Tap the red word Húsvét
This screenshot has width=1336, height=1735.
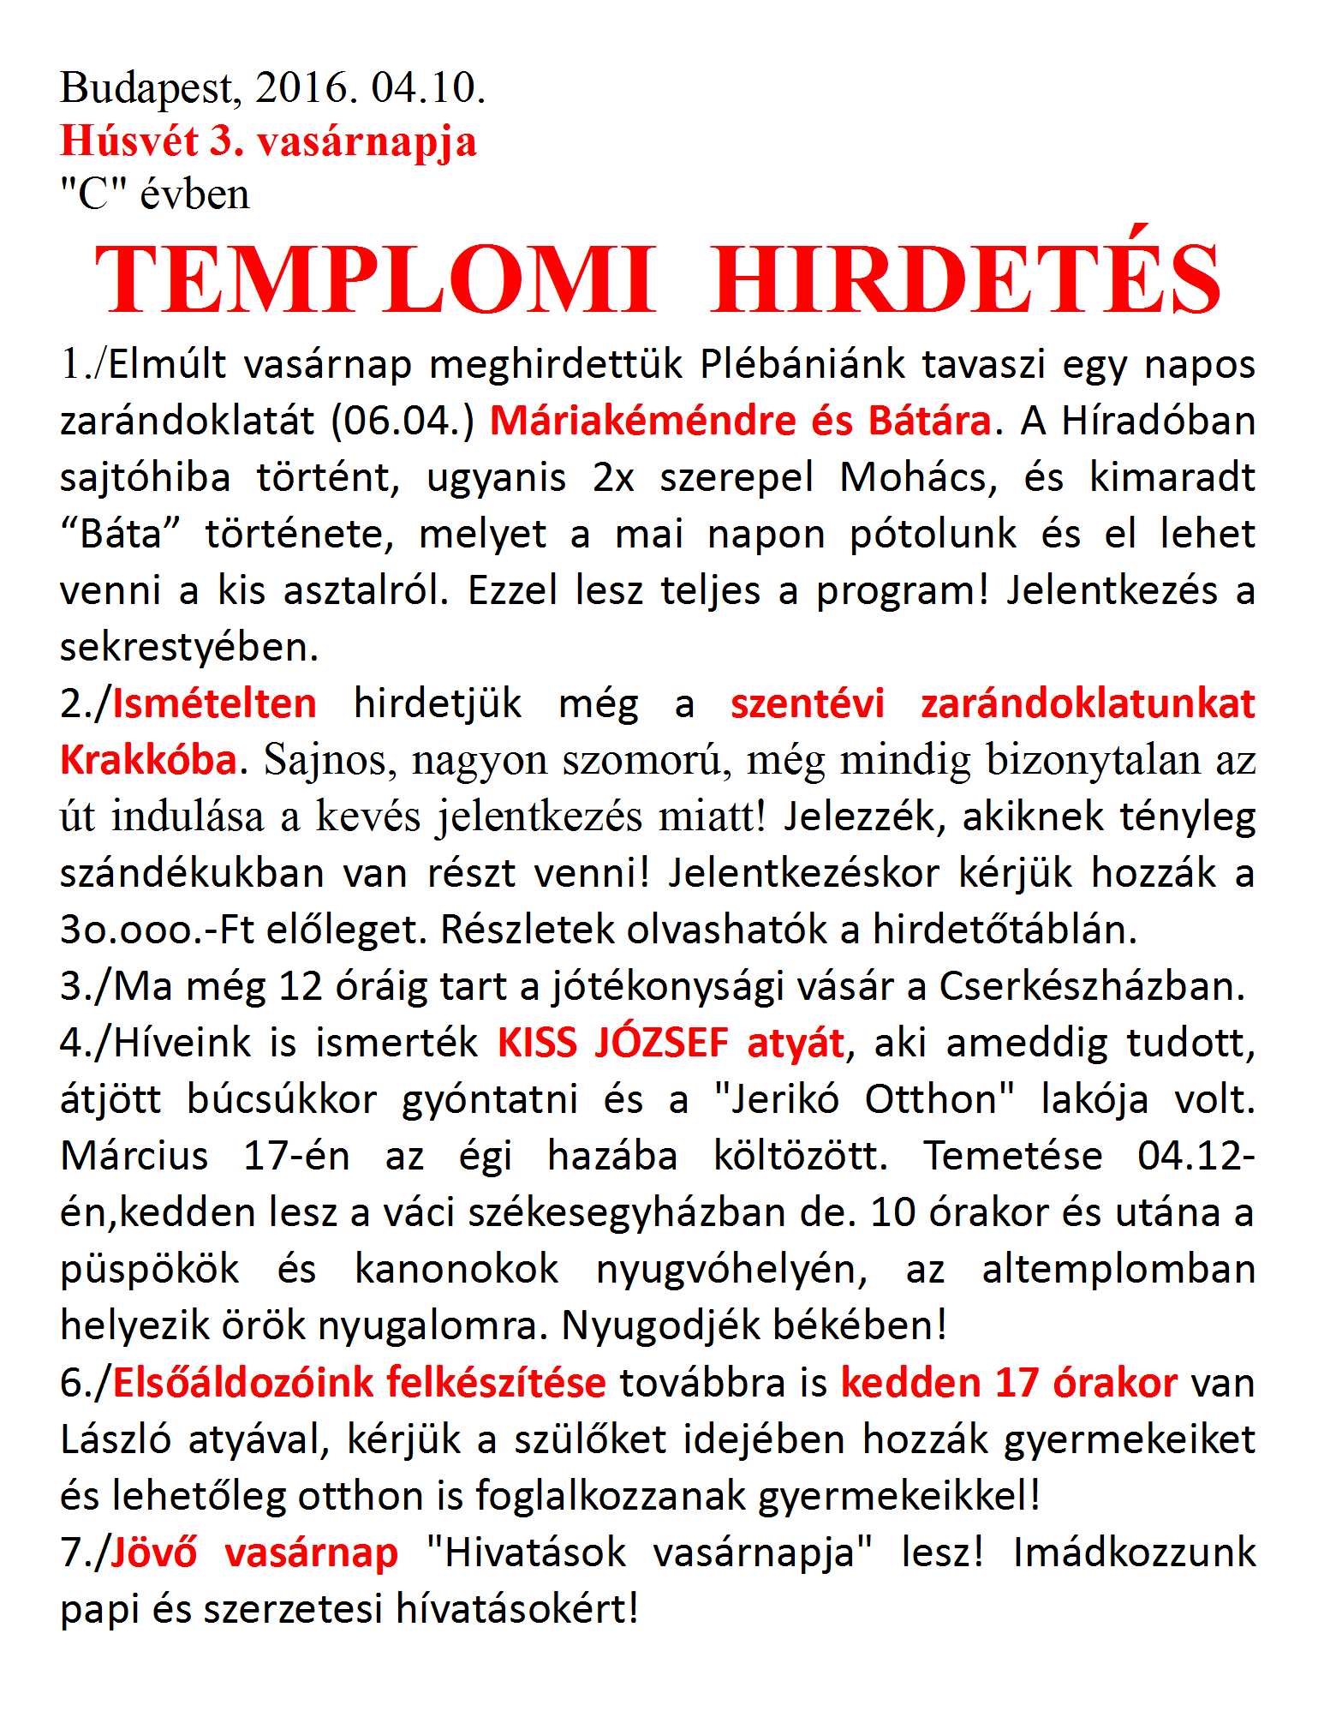click(129, 141)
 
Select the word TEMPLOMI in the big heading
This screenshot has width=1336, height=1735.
click(375, 280)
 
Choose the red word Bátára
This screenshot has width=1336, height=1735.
click(928, 421)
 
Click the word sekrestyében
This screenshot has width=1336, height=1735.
click(188, 647)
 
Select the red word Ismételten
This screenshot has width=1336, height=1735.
click(214, 703)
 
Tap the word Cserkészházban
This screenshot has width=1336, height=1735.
click(1092, 986)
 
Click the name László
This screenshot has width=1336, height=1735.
click(117, 1439)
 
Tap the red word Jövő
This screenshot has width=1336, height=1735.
click(154, 1552)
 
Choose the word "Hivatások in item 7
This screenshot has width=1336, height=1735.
click(526, 1552)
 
